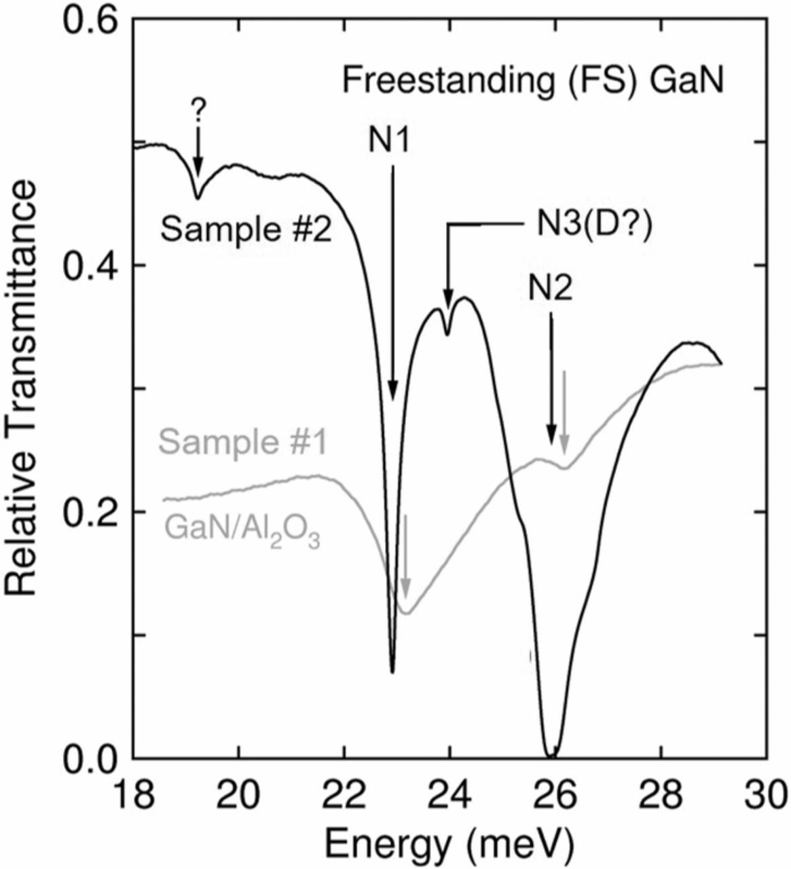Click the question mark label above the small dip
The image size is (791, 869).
[x=198, y=108]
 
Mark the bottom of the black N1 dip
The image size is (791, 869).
[x=392, y=671]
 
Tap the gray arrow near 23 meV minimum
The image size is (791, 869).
[x=405, y=557]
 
